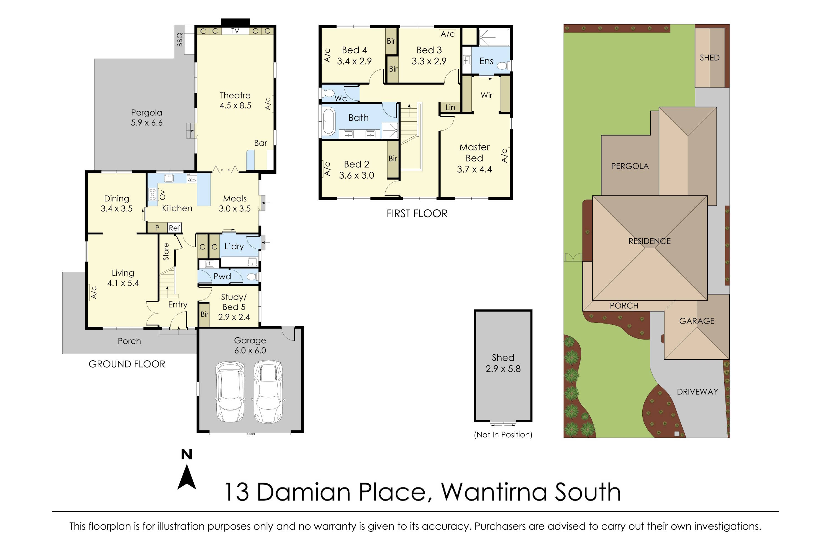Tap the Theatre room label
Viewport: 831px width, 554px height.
pos(235,95)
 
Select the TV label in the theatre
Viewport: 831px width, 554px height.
pos(235,31)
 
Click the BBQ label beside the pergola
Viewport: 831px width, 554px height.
pos(180,40)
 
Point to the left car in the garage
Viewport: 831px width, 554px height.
pos(230,391)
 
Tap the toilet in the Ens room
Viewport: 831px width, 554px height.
pos(502,65)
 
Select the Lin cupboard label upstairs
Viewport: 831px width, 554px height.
pos(450,107)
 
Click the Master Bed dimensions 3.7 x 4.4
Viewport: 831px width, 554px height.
pos(474,169)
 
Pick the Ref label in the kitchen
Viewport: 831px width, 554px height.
pos(175,228)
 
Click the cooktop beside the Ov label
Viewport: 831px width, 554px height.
pos(153,194)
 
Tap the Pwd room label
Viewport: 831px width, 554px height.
pos(222,276)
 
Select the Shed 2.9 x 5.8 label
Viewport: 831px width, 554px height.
pos(503,363)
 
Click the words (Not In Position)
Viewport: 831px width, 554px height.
pos(503,435)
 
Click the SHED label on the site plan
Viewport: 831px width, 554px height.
pos(709,58)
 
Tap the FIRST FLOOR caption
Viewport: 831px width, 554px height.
pos(417,213)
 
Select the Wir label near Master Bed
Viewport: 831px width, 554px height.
pos(486,95)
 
